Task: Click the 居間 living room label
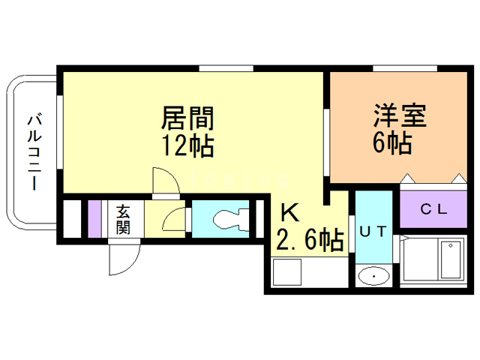(188, 118)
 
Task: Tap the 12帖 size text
(188, 145)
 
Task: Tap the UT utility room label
(373, 232)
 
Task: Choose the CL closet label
(433, 210)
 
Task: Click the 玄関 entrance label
(122, 218)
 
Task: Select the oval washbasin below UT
(373, 277)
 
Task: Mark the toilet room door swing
(173, 220)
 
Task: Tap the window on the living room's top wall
(227, 69)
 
